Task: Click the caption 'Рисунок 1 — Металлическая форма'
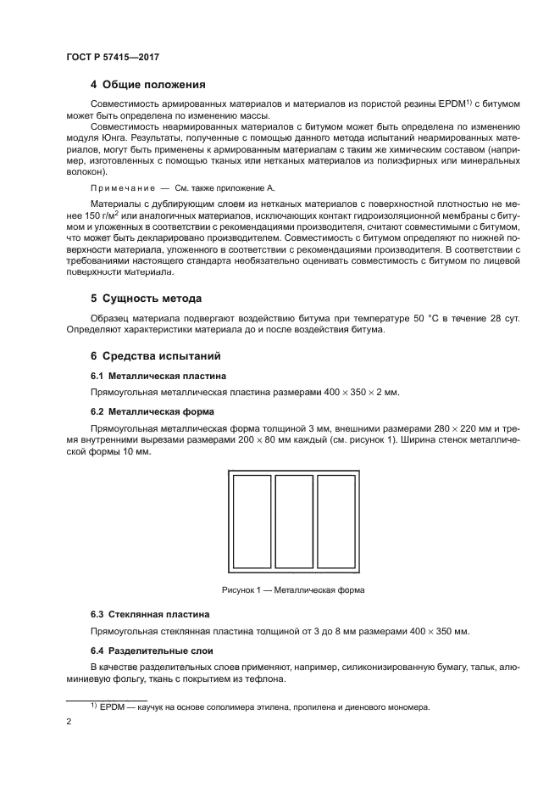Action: point(294,589)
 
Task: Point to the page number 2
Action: point(68,723)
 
